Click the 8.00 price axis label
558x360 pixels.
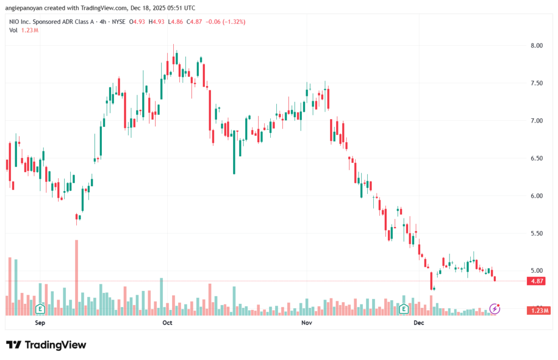(x=536, y=45)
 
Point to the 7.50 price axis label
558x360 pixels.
(x=536, y=83)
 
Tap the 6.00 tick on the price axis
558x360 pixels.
(x=536, y=196)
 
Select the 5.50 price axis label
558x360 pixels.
(x=536, y=233)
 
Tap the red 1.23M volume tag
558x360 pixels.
(x=538, y=310)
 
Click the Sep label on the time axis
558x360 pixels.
(x=39, y=322)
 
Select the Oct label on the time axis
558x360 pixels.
(x=167, y=322)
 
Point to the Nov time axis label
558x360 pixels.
(x=306, y=322)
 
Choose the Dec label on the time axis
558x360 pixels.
(x=418, y=322)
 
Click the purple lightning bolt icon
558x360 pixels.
(x=495, y=309)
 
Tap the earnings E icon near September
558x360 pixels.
(x=39, y=309)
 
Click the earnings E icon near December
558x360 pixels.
(x=404, y=309)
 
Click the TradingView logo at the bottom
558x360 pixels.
(x=47, y=345)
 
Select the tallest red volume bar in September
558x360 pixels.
(x=77, y=277)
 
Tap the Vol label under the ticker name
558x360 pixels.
(x=14, y=30)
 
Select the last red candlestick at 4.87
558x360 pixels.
(x=495, y=279)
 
